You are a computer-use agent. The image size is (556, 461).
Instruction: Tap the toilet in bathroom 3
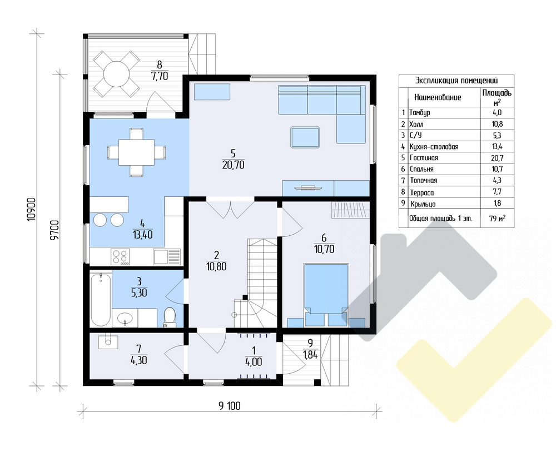(x=170, y=316)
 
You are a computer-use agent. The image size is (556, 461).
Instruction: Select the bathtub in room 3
(x=100, y=299)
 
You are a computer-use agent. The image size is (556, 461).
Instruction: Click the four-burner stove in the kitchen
(x=120, y=257)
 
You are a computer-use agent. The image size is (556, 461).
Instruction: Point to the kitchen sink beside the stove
(x=167, y=257)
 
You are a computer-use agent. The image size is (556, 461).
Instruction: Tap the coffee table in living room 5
(x=305, y=137)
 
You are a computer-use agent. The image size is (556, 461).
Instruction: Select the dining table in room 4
(x=137, y=152)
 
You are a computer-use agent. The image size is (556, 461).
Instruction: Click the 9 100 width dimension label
(x=230, y=406)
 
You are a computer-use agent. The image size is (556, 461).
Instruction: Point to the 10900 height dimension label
(x=32, y=209)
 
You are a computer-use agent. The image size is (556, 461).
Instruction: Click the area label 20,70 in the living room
(x=234, y=165)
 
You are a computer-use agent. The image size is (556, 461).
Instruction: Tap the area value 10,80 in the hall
(x=216, y=266)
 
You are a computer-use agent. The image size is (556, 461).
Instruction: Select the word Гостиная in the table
(x=424, y=158)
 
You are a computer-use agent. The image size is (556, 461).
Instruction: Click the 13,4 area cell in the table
(x=497, y=146)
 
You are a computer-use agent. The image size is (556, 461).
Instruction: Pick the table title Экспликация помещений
(x=456, y=81)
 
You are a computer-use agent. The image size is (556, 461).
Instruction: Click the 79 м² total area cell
(x=497, y=219)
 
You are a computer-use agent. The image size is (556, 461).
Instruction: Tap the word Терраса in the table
(x=422, y=192)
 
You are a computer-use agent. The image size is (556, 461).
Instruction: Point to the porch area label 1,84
(x=310, y=354)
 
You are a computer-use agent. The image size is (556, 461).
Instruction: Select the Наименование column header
(x=438, y=97)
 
